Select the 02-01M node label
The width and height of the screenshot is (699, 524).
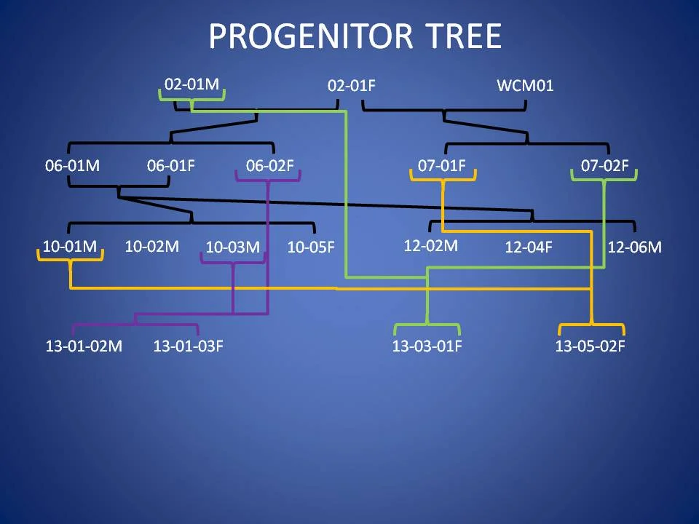pos(191,84)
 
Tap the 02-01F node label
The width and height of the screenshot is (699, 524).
pos(352,86)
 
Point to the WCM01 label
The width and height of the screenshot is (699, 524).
pos(525,86)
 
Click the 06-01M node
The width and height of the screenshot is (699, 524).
pos(72,166)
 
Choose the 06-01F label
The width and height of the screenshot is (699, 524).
pos(171,166)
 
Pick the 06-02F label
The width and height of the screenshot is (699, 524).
pos(269,166)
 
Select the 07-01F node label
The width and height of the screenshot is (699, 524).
pos(442,166)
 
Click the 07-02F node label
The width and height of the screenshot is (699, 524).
pos(604,166)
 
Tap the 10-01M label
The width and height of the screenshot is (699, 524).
pos(69,246)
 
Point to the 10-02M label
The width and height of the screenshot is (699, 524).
pos(151,247)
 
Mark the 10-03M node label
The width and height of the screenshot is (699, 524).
pos(232,247)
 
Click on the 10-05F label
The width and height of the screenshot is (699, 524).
pos(311,247)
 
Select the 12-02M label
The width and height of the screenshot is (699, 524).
pos(430,246)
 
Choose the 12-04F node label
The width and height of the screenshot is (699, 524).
pos(529,247)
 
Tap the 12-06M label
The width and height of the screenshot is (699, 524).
pos(634,247)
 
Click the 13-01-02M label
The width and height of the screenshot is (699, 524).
pos(84,346)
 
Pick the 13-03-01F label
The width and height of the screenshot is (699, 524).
pos(427,346)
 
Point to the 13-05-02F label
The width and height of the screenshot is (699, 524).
pos(590,346)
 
